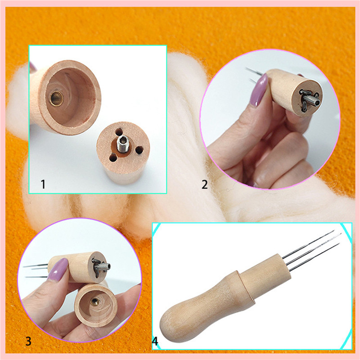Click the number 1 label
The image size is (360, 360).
tap(43, 184)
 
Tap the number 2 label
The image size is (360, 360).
tap(204, 184)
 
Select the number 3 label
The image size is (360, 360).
tap(28, 341)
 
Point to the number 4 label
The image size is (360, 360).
tap(155, 341)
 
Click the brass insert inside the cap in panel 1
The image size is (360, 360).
tap(57, 98)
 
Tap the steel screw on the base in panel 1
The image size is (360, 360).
tap(122, 144)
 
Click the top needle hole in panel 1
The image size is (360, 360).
tap(119, 132)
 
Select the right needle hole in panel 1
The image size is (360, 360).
tap(139, 150)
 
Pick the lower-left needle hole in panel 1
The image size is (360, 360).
tap(113, 158)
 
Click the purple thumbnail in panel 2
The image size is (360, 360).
tap(260, 90)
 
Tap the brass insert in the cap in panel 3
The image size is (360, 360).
tap(94, 301)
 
